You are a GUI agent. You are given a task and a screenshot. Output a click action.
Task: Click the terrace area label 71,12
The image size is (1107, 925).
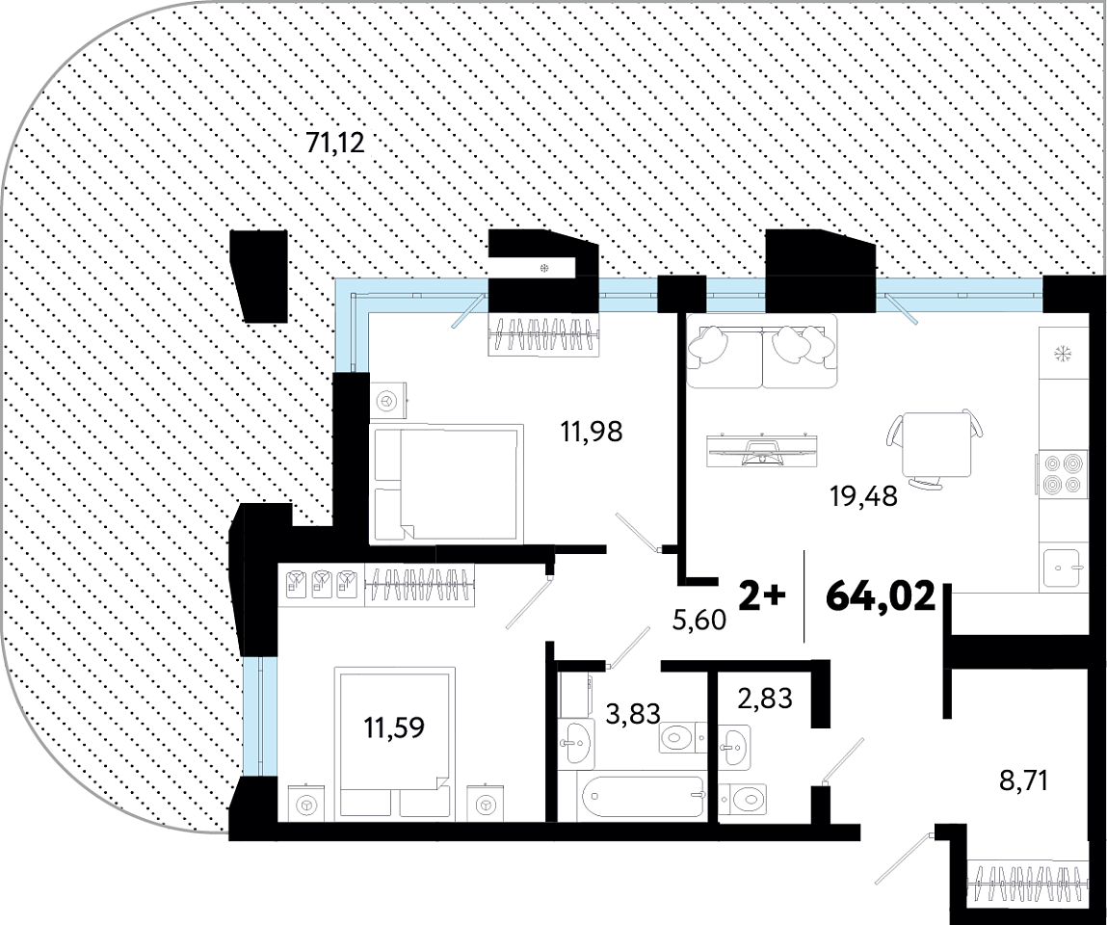(x=335, y=144)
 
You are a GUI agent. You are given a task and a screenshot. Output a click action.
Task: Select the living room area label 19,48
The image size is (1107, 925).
(x=864, y=495)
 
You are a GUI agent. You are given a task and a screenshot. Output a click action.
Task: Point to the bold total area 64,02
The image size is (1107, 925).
(x=881, y=596)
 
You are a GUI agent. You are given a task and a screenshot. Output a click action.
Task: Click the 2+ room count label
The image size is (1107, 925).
(x=761, y=597)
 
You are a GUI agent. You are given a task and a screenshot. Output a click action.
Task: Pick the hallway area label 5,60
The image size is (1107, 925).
(x=698, y=620)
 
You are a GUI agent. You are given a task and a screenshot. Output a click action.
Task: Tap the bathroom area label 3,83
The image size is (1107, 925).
(x=633, y=713)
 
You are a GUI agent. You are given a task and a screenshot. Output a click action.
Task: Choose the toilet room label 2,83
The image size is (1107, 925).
(x=765, y=699)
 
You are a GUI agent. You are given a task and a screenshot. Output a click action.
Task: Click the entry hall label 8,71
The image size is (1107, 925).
(x=1023, y=781)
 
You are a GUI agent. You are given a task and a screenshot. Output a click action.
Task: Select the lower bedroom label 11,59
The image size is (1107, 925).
(x=394, y=727)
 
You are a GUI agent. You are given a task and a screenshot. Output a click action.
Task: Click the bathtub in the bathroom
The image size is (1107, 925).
(x=644, y=796)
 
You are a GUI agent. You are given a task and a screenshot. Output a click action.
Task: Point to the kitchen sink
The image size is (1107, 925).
(x=1062, y=567)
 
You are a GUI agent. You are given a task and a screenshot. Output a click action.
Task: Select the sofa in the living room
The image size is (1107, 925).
(x=762, y=351)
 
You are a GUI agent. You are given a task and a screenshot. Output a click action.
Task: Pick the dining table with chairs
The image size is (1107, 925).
(x=936, y=450)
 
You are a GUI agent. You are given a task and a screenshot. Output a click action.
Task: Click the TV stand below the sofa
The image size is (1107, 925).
(x=764, y=449)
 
